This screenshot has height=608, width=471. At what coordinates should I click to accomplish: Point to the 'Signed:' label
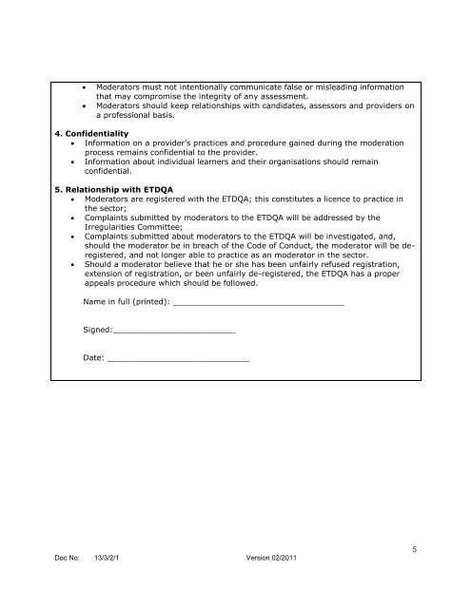(98, 330)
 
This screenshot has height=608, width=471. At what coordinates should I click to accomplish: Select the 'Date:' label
(94, 358)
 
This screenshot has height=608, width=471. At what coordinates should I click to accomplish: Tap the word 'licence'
(334, 198)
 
